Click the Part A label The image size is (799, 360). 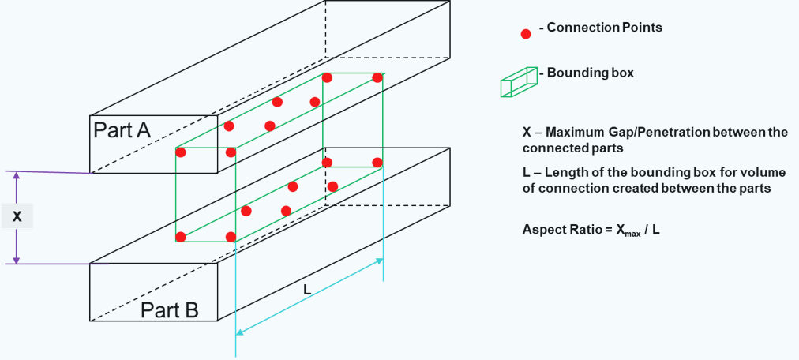coord(122,129)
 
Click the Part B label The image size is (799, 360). coord(169,309)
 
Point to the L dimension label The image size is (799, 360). coord(307,290)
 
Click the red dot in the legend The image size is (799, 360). coord(526,34)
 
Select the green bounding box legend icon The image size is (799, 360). coord(518,81)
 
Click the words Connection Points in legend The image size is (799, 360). coord(604,28)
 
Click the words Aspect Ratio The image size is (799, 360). coord(555,230)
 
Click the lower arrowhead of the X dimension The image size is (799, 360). coord(17,260)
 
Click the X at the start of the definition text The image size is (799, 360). coord(527,132)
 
